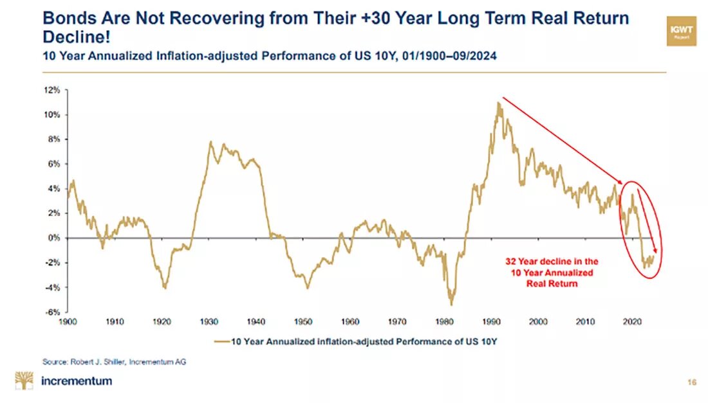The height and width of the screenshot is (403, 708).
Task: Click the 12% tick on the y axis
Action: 53,91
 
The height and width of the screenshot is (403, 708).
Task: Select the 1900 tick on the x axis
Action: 68,320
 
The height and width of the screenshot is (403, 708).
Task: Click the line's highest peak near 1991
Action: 498,102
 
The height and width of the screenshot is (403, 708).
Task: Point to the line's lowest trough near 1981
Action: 451,304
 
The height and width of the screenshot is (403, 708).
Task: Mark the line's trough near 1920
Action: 165,288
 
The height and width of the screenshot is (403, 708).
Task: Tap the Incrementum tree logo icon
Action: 24,381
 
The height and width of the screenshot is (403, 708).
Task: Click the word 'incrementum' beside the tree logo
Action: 76,381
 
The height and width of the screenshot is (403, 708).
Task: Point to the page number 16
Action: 691,382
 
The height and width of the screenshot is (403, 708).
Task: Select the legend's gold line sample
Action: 222,341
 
